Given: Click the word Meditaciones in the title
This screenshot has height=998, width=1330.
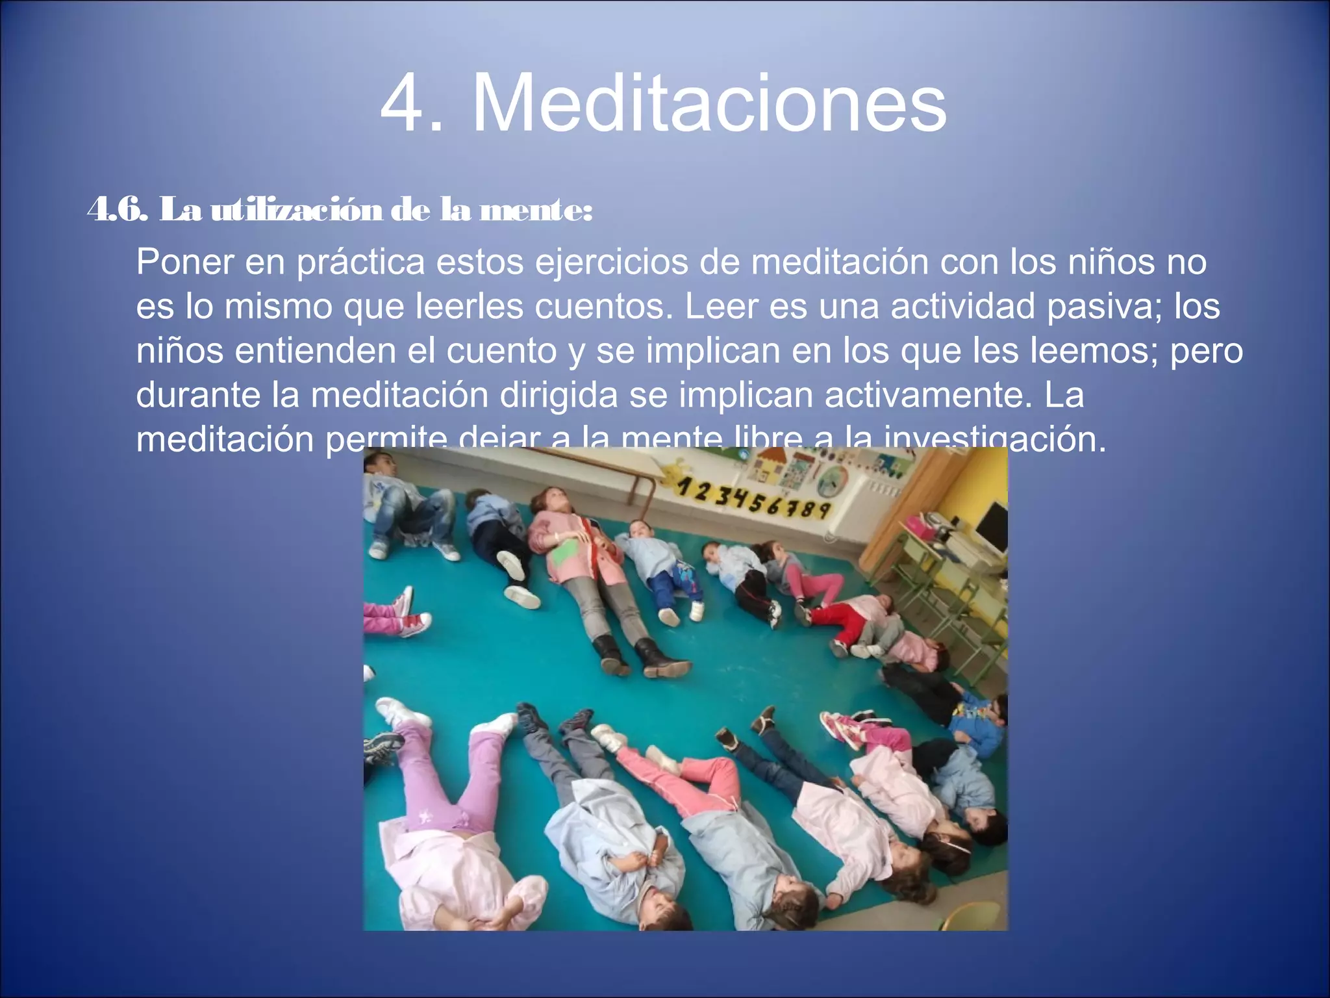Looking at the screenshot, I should click(709, 104).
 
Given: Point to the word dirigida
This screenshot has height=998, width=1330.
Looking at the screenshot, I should click(558, 394).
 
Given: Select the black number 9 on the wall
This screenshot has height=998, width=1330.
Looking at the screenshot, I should click(823, 509).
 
